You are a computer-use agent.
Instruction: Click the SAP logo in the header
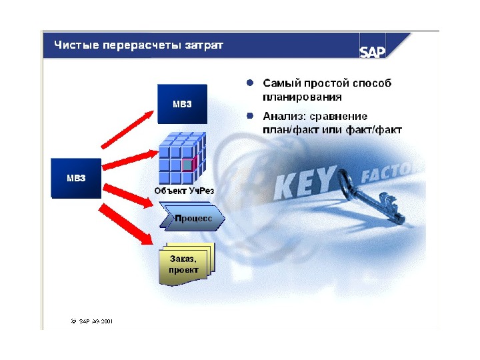pyautogui.click(x=372, y=51)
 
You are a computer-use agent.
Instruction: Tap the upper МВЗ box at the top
pyautogui.click(x=182, y=104)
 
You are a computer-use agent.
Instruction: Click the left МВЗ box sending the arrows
pyautogui.click(x=75, y=178)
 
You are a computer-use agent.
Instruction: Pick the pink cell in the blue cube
pyautogui.click(x=188, y=163)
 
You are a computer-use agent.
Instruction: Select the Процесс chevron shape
pyautogui.click(x=193, y=219)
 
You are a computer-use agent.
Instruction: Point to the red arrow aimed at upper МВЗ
pyautogui.click(x=127, y=131)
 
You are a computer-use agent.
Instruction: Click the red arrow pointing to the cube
pyautogui.click(x=130, y=160)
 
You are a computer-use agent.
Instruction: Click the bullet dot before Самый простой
pyautogui.click(x=249, y=83)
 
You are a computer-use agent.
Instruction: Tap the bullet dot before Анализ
pyautogui.click(x=249, y=115)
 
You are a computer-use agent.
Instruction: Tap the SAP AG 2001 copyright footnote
pyautogui.click(x=92, y=321)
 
